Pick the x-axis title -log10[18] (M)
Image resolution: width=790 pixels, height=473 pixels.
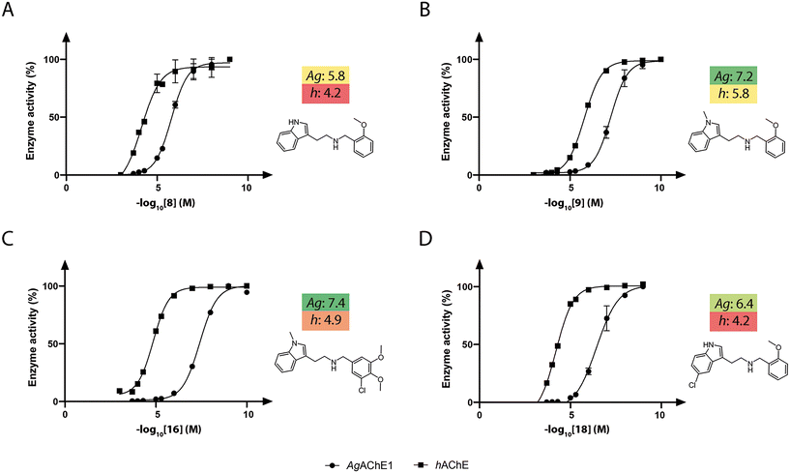568,429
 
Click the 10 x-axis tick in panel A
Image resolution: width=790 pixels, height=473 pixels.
248,191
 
